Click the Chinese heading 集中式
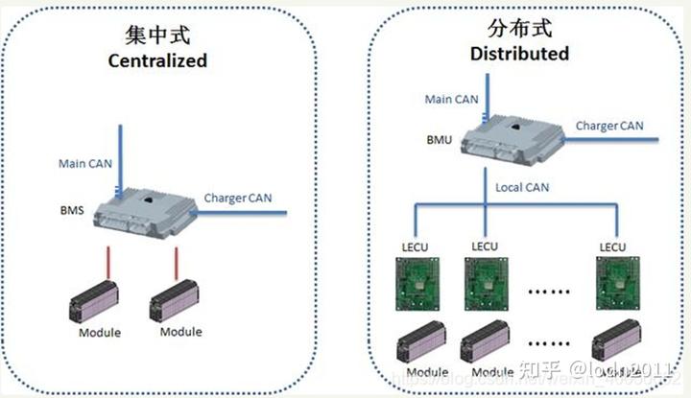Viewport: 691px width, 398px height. [158, 36]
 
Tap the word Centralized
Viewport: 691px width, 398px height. [158, 60]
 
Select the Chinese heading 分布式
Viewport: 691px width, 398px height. [518, 29]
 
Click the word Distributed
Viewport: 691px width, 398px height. [519, 53]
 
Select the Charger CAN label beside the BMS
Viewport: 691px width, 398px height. [238, 199]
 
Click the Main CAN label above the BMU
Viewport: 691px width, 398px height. [452, 98]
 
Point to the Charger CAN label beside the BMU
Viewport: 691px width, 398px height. [609, 125]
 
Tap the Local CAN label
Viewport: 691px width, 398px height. [521, 188]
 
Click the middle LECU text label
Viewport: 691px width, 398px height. [483, 246]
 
